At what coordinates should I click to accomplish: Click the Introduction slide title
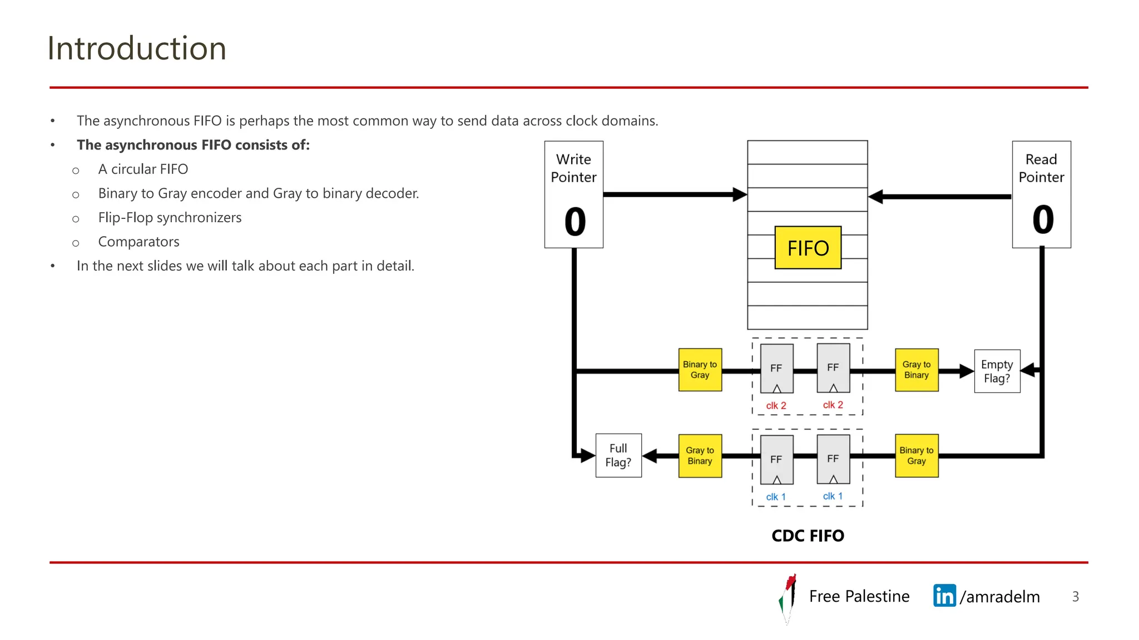tap(137, 48)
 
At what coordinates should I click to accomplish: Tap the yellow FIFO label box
tap(808, 248)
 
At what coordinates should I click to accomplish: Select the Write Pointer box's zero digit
tap(575, 222)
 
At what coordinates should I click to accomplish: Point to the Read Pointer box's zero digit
tap(1043, 219)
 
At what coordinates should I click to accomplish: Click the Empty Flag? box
tap(997, 371)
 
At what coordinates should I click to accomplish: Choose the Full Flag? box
tap(618, 455)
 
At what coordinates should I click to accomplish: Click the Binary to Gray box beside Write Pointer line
tap(700, 370)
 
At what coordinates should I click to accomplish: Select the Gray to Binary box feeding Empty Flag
tap(916, 370)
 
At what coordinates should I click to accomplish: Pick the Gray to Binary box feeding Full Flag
tap(700, 456)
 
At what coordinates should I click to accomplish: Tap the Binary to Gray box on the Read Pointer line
tap(916, 456)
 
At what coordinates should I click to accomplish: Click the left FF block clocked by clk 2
tap(776, 368)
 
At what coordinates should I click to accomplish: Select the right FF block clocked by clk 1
tap(833, 459)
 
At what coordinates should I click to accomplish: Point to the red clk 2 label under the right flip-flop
tap(833, 405)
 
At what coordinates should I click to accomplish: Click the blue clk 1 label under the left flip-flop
tap(776, 497)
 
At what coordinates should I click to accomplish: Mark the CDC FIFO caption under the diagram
tap(808, 536)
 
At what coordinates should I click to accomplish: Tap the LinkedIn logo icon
tap(944, 596)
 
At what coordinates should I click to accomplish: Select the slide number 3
tap(1075, 597)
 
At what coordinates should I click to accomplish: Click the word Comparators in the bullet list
tap(138, 242)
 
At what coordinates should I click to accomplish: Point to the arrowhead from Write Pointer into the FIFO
tap(740, 194)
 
